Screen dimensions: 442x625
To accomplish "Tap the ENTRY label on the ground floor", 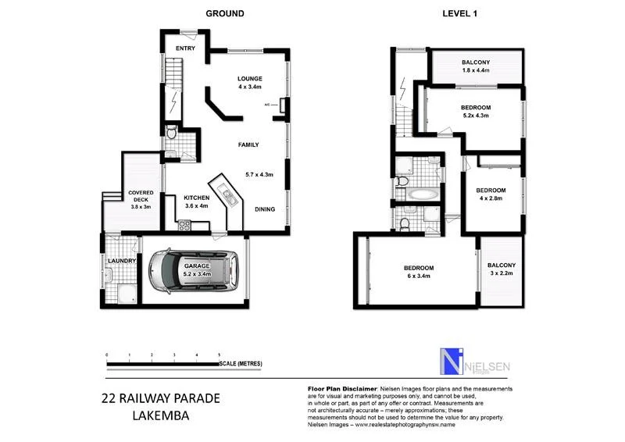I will [185, 49].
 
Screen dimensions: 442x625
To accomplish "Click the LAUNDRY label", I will [122, 261].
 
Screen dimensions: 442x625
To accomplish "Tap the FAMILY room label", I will [248, 144].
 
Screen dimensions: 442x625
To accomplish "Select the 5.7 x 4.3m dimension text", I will [259, 174].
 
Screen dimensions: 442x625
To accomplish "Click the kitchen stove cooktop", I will [185, 226].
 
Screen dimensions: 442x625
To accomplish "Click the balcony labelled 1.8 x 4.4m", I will [475, 66].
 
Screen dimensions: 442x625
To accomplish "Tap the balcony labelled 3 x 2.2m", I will [502, 270].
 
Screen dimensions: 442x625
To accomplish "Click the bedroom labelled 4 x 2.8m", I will [491, 194].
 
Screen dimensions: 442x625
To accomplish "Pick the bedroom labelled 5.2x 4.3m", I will [475, 111].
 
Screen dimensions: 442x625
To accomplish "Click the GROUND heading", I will [224, 13].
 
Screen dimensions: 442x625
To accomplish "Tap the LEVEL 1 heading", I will [460, 13].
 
